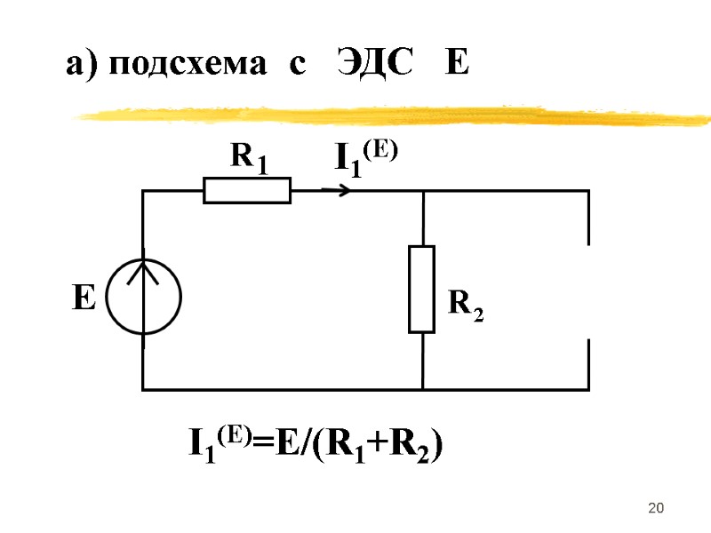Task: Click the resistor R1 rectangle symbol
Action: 247,190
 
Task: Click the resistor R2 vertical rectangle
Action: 422,290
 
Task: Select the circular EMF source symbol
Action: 143,296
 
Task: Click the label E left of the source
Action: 83,298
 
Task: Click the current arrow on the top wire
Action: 335,190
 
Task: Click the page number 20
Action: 657,507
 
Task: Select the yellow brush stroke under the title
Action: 391,115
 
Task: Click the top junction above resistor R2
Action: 422,191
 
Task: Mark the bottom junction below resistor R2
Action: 422,389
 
